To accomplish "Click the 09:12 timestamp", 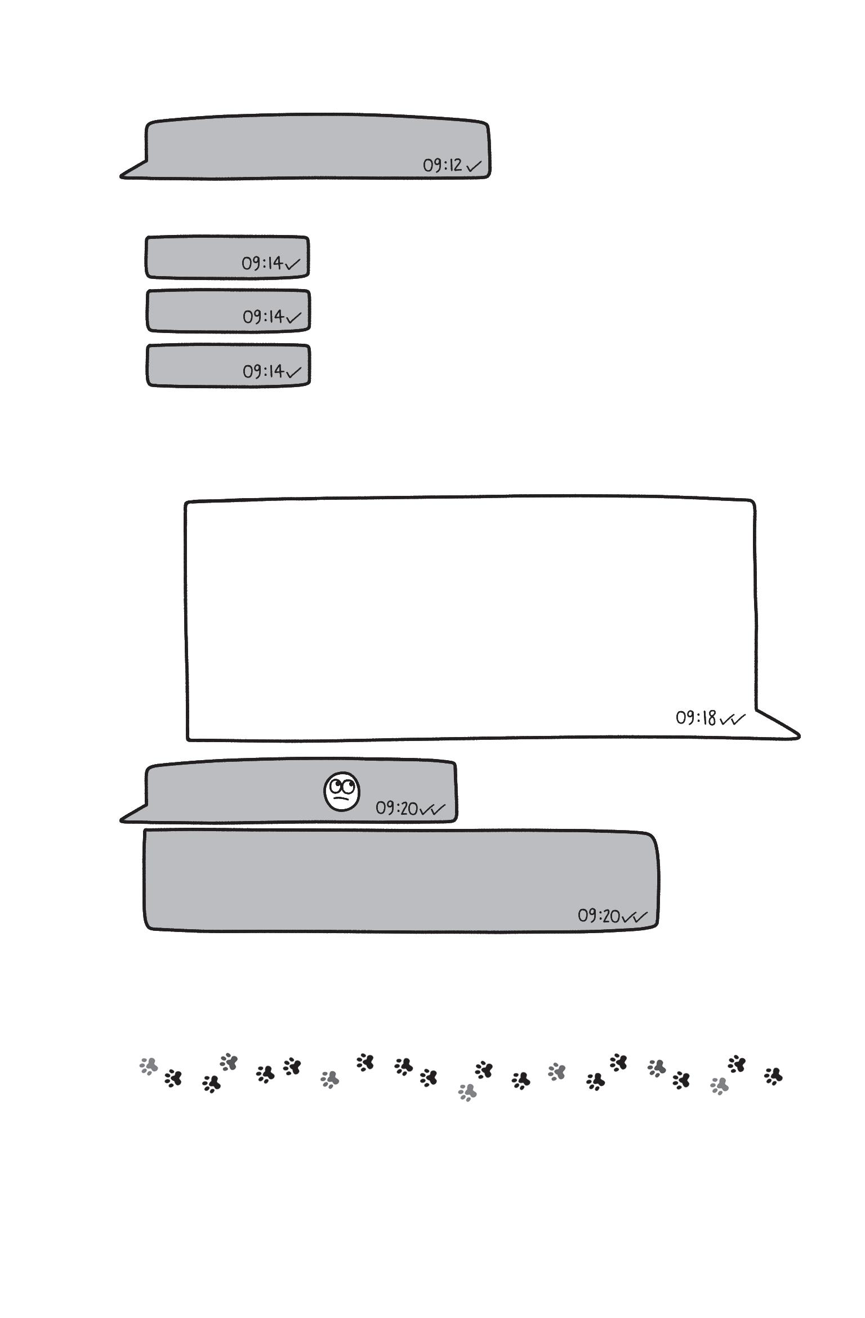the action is tap(443, 165).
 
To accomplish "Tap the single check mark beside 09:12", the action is tap(474, 166).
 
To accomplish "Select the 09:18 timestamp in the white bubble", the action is tap(695, 718).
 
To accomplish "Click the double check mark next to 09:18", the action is tap(732, 719).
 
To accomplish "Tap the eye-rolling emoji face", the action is tap(342, 792).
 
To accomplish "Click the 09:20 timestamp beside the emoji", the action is tap(396, 809).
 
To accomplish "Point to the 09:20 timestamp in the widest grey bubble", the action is tap(599, 916).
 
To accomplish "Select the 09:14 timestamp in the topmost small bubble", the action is tap(262, 263).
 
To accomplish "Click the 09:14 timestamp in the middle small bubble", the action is tap(263, 317).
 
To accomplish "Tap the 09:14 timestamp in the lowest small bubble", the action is tap(263, 371).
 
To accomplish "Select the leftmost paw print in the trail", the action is tap(149, 1066).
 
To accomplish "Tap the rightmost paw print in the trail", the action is tap(774, 1076).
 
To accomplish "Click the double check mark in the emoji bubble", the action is tap(432, 809).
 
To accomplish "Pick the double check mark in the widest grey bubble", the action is tap(635, 917).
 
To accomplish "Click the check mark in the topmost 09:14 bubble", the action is tap(293, 264).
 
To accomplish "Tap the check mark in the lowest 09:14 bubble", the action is tap(293, 371).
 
